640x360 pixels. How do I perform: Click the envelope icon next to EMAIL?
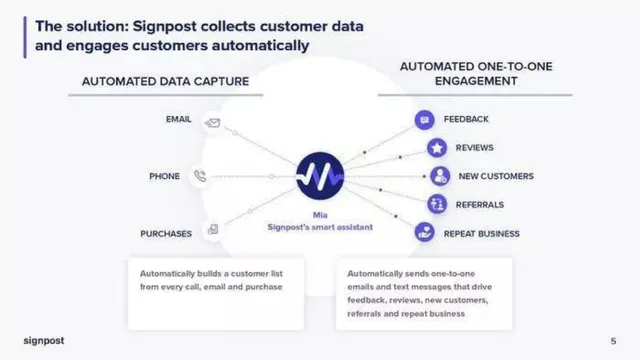[x=213, y=122]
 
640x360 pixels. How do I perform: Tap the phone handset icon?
[x=200, y=176]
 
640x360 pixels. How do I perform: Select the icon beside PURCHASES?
[x=213, y=229]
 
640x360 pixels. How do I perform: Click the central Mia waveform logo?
[x=320, y=176]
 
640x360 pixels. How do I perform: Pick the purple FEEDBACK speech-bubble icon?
[x=424, y=120]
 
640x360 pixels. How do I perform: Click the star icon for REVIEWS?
[x=437, y=148]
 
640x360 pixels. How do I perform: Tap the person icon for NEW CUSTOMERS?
[x=440, y=176]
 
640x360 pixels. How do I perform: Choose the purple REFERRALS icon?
[x=437, y=204]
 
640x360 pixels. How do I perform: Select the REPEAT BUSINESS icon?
[x=424, y=232]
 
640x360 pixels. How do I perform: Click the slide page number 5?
[x=613, y=341]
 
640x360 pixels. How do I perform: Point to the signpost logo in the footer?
[x=44, y=340]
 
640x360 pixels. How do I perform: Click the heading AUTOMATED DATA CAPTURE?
[x=165, y=81]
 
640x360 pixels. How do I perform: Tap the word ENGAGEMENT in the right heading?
[x=476, y=81]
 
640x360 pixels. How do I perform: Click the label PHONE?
[x=164, y=176]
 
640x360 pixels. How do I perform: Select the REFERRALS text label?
[x=480, y=204]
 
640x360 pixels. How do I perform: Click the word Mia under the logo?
[x=320, y=215]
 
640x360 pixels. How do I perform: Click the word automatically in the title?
[x=260, y=46]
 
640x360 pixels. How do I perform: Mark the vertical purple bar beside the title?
[x=25, y=37]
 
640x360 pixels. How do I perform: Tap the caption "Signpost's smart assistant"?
[x=320, y=227]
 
